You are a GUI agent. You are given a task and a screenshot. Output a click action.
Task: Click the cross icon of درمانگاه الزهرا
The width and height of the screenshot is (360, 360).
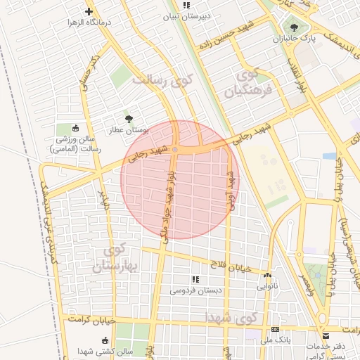[89, 11]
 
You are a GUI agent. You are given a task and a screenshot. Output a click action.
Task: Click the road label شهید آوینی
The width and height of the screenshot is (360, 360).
[229, 190]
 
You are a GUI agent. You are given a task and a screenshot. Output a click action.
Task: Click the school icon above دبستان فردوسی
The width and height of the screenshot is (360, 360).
[195, 279]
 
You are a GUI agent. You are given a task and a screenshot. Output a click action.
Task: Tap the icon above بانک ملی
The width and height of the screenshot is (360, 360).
[275, 329]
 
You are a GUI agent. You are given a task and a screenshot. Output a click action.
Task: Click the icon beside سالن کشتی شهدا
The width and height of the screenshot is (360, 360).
[86, 339]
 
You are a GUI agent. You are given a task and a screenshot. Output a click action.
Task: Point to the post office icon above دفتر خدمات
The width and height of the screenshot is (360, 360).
[324, 336]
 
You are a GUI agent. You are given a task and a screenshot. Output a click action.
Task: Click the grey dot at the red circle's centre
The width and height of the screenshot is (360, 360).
[175, 148]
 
